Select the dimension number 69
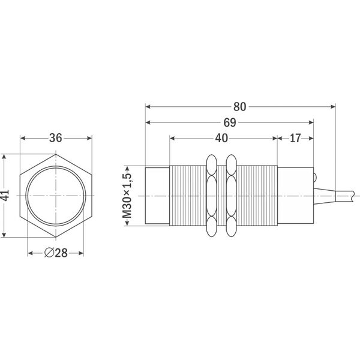(x=229, y=122)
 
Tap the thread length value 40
(x=221, y=138)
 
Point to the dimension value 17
(x=295, y=138)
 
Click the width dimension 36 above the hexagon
(x=56, y=138)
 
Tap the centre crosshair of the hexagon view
(x=56, y=196)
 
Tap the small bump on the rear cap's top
(x=314, y=176)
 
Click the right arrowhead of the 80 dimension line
(x=332, y=107)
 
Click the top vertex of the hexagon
(x=56, y=154)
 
